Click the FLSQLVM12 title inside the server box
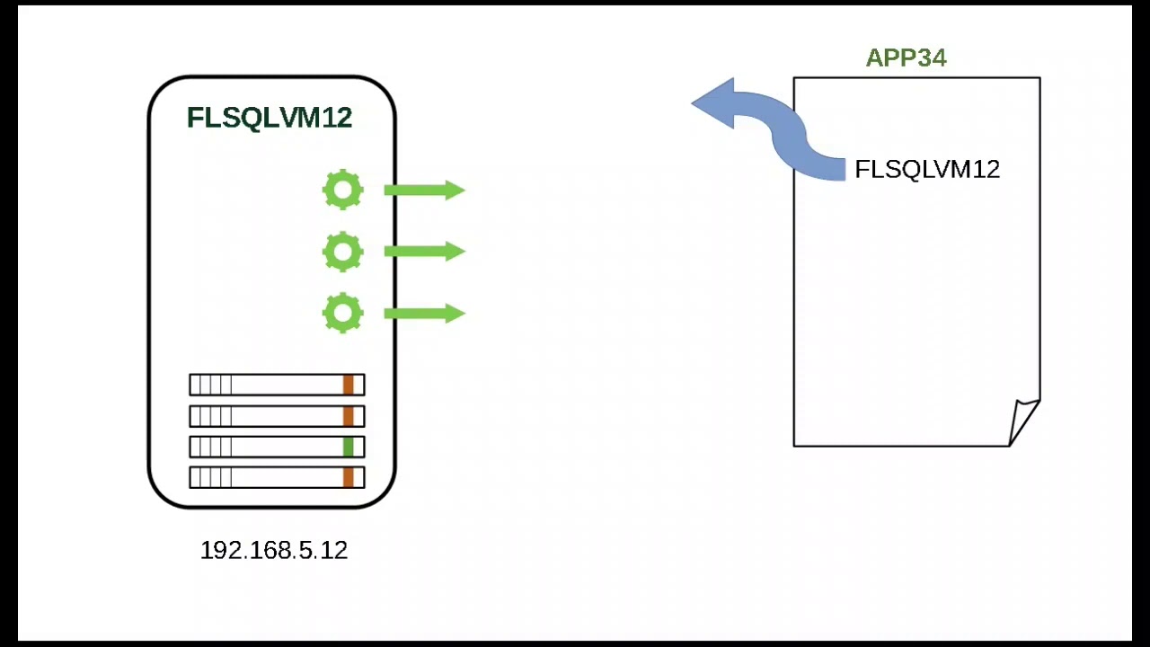pyautogui.click(x=269, y=118)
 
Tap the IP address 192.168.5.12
pyautogui.click(x=273, y=551)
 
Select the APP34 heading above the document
pyautogui.click(x=906, y=58)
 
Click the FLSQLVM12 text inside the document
pyautogui.click(x=926, y=170)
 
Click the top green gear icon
pyautogui.click(x=342, y=191)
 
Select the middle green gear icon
pyautogui.click(x=342, y=252)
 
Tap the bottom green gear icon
pyautogui.click(x=342, y=314)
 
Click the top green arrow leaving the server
pyautogui.click(x=424, y=191)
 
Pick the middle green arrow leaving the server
pyautogui.click(x=424, y=252)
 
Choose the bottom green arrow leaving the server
pyautogui.click(x=424, y=314)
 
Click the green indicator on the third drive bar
pyautogui.click(x=349, y=447)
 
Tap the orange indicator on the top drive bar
pyautogui.click(x=349, y=386)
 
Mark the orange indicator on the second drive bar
pyautogui.click(x=349, y=416)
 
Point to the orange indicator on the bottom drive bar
pyautogui.click(x=349, y=477)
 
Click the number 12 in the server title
pyautogui.click(x=335, y=118)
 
